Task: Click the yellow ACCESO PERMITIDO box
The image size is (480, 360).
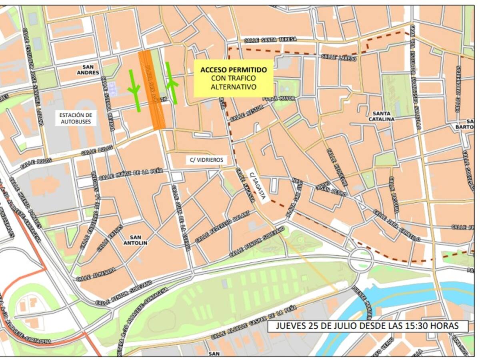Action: pos(234,78)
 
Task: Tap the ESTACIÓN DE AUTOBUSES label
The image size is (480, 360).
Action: pos(76,118)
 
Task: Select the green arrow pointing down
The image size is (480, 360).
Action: pos(134,90)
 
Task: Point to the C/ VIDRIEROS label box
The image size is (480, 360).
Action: pos(206,160)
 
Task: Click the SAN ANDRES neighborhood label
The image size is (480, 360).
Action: pos(90,70)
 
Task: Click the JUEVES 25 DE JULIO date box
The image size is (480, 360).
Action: pos(367,326)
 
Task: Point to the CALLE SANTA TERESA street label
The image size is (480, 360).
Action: pos(270,39)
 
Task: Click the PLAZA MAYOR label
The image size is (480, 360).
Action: pos(278,98)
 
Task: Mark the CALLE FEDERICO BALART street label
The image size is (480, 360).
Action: pos(222,226)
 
